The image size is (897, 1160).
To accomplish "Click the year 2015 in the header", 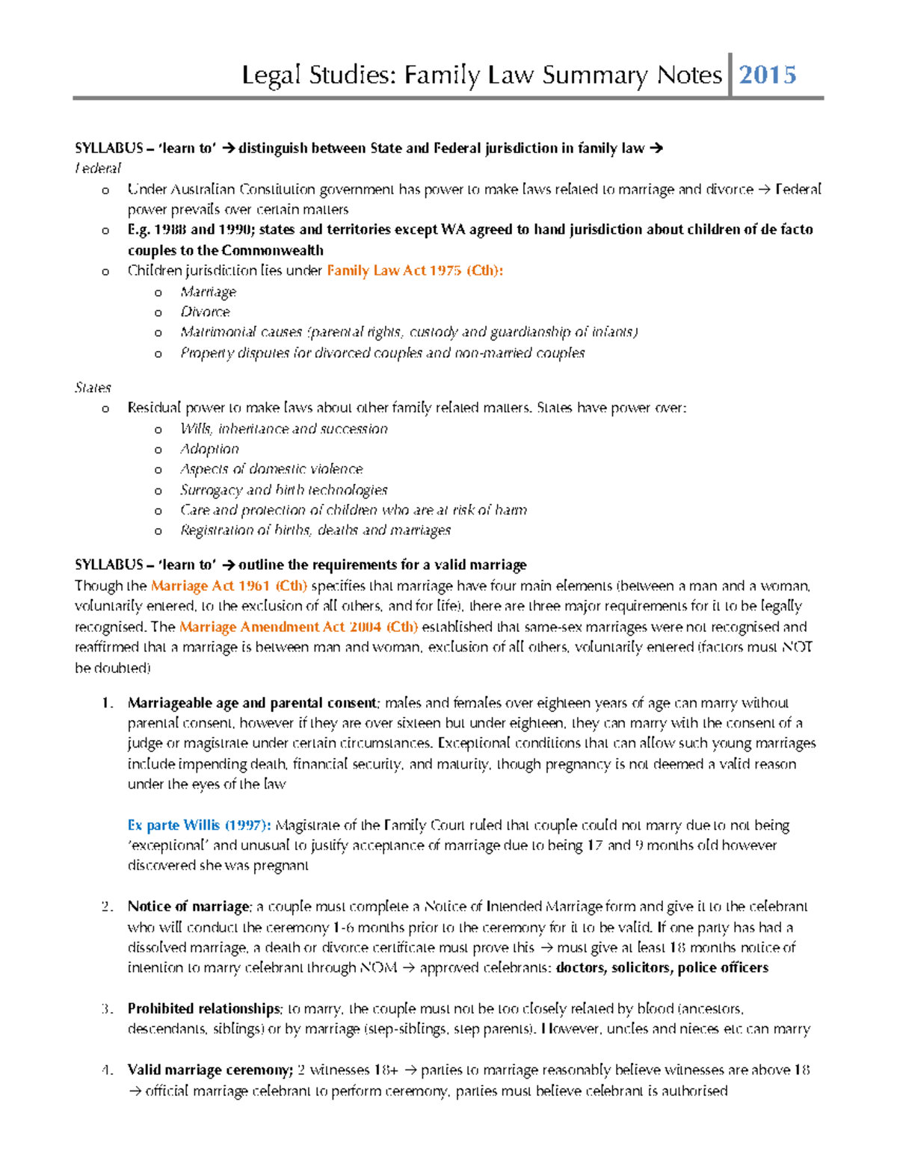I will (767, 75).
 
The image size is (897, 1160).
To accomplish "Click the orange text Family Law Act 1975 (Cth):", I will (415, 270).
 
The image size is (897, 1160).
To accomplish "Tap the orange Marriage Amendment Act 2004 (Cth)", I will (298, 627).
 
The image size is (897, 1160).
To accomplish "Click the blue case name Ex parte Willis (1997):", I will (199, 825).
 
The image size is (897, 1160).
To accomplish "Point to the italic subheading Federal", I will (97, 168).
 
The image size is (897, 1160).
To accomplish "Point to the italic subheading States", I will (93, 388).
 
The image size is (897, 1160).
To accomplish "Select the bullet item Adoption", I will (209, 449).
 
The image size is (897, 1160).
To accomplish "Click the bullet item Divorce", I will (205, 311).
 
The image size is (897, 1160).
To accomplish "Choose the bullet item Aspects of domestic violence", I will (271, 469).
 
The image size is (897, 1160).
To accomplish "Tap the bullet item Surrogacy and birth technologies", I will (283, 490).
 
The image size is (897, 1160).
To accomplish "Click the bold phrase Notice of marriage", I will (188, 907).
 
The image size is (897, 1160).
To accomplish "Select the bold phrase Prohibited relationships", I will (203, 1009).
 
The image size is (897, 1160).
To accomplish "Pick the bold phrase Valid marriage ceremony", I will (209, 1070).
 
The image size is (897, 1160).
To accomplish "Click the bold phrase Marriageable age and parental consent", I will (252, 703).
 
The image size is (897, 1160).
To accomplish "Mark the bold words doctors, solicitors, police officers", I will (662, 968).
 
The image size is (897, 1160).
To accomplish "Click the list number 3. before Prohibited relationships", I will (107, 1009).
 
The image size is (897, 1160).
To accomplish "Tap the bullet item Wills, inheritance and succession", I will (283, 429).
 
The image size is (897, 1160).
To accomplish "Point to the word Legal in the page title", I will (271, 75).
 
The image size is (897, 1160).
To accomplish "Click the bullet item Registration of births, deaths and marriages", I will (315, 530).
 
